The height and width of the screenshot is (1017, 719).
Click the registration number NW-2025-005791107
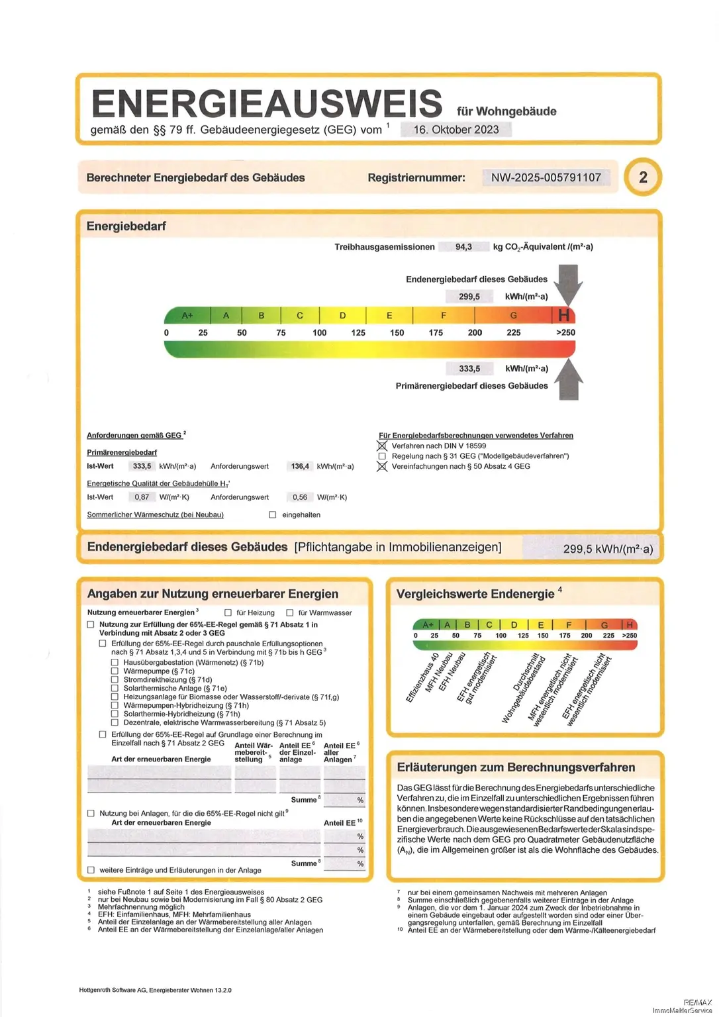[x=546, y=177]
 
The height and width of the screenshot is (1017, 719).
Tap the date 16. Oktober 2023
[x=456, y=130]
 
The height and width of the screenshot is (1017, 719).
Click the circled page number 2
[x=643, y=177]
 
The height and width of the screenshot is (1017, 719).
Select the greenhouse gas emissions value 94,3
[x=463, y=247]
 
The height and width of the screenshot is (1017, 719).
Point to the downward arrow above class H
[x=568, y=283]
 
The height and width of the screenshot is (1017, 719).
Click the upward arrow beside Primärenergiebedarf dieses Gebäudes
[x=568, y=379]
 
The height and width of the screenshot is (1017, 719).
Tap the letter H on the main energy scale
[x=564, y=315]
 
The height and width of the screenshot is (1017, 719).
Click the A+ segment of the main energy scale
[x=187, y=315]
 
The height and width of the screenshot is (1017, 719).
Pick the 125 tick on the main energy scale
[x=358, y=332]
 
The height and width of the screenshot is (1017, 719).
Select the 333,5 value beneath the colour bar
[x=469, y=369]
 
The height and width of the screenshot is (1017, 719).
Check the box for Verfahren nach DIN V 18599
[x=382, y=446]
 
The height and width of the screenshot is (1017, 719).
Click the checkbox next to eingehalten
[x=272, y=514]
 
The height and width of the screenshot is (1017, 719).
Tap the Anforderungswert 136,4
[x=300, y=466]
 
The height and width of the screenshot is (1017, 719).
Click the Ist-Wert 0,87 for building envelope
[x=142, y=497]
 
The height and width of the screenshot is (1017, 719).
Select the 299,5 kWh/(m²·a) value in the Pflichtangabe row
[x=607, y=549]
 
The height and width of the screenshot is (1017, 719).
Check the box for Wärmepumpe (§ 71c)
[x=115, y=671]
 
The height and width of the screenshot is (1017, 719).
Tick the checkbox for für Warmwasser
[x=289, y=612]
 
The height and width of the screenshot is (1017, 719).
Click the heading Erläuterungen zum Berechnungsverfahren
[x=516, y=767]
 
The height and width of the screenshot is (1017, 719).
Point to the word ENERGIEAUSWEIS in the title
[x=267, y=104]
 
